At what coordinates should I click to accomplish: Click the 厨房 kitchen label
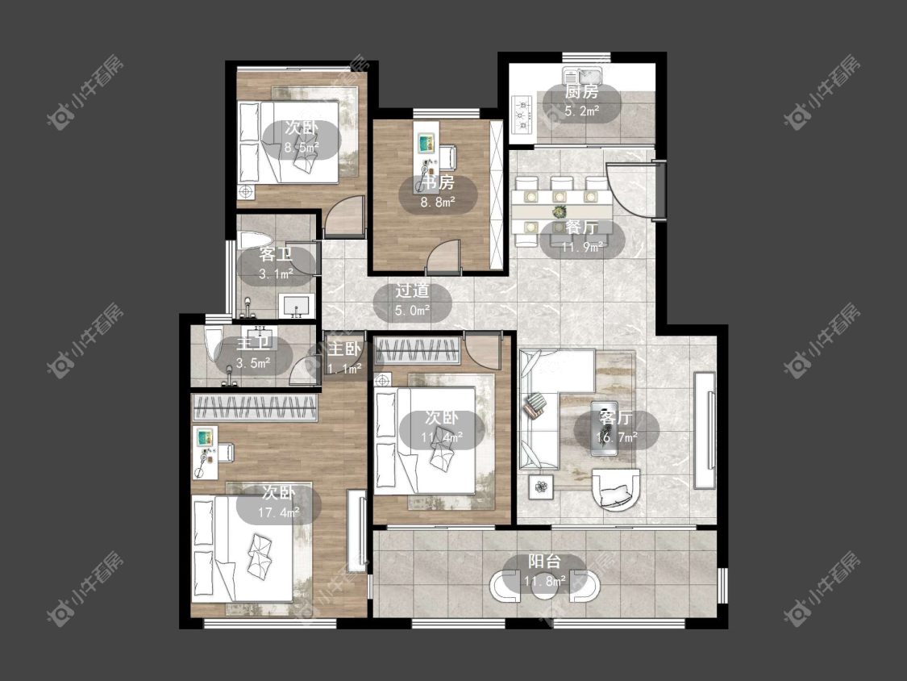tap(581, 91)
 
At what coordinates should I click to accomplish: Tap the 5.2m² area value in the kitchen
tap(581, 111)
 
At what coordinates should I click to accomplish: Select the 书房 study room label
tap(437, 182)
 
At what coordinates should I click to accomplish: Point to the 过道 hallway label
tap(413, 290)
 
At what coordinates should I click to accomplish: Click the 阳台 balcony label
tap(544, 561)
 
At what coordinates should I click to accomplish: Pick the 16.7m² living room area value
tap(617, 437)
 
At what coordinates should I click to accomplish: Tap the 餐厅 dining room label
tap(581, 228)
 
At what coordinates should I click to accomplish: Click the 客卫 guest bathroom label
tap(276, 254)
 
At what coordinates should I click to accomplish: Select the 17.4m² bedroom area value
tap(279, 512)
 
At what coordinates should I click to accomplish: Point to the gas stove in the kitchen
tap(523, 114)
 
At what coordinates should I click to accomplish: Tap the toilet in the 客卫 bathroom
tap(255, 240)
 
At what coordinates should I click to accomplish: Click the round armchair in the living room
tap(616, 489)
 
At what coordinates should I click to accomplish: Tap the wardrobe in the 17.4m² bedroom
tap(255, 407)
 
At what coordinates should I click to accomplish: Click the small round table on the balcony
tap(544, 586)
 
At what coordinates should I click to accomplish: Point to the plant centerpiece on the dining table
tap(559, 212)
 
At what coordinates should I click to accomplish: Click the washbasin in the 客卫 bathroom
tap(297, 307)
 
